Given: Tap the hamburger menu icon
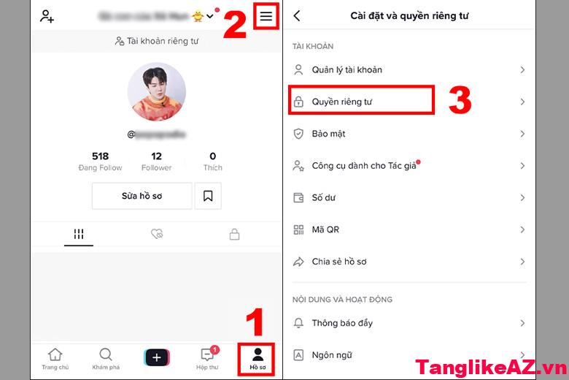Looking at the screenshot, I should click(x=267, y=16).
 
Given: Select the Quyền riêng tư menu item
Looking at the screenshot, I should click(x=341, y=102).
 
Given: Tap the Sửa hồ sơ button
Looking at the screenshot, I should click(x=142, y=196).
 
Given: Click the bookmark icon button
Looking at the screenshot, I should click(x=208, y=196).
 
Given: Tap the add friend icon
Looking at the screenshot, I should click(x=47, y=16).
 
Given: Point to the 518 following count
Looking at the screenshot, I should click(x=100, y=156).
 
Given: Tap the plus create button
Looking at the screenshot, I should click(x=157, y=357).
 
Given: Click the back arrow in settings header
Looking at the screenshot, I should click(x=297, y=15).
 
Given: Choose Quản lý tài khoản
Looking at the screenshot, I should click(x=347, y=69).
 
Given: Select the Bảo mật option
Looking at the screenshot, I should click(x=328, y=134).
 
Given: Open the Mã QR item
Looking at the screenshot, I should click(x=325, y=229).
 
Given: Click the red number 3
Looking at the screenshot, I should click(x=460, y=102).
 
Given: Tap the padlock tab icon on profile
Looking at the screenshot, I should click(x=234, y=235).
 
